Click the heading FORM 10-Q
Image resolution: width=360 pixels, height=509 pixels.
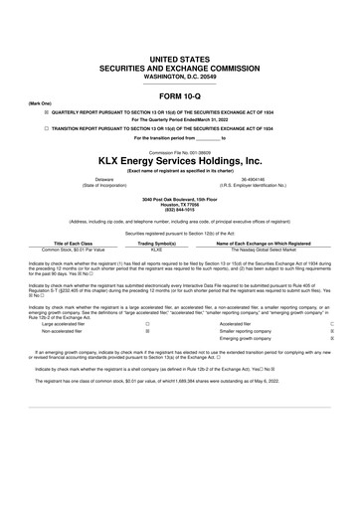(179, 94)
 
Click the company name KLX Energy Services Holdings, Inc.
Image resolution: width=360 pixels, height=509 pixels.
(179, 160)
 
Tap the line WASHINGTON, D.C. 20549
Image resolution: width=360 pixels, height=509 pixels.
(179, 77)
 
